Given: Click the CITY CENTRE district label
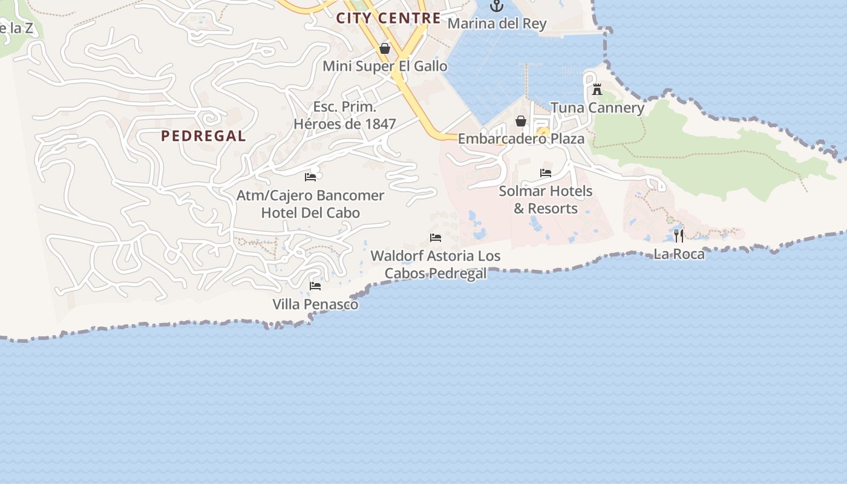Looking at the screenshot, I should (x=388, y=18).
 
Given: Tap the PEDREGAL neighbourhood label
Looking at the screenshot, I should (x=203, y=136).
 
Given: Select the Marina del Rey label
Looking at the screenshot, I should (x=497, y=24).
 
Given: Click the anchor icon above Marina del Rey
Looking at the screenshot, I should (x=497, y=6).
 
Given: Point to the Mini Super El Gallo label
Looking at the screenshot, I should (x=385, y=66).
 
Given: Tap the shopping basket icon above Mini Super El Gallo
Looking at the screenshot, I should (x=385, y=48).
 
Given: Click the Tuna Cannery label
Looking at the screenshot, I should (x=597, y=108).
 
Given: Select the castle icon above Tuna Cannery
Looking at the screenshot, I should (x=597, y=90).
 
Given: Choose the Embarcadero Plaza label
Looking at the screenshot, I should (x=521, y=139).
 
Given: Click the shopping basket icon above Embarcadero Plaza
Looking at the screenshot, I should (x=521, y=122).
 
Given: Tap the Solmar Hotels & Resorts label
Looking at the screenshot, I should (x=546, y=200).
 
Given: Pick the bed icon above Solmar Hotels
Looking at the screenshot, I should (x=546, y=173).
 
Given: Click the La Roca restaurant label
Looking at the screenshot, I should (x=679, y=253).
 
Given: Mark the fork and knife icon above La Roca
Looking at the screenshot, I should (x=679, y=236).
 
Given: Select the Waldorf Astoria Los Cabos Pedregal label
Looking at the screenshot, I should (x=436, y=264).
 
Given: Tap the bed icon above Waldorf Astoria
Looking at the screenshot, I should (x=436, y=238).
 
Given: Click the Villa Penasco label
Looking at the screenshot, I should (x=315, y=304).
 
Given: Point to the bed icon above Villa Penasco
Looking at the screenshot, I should (x=315, y=286).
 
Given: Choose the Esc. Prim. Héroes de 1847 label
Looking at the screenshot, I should (x=345, y=116).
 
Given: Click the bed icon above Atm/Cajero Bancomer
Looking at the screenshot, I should (x=310, y=177).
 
